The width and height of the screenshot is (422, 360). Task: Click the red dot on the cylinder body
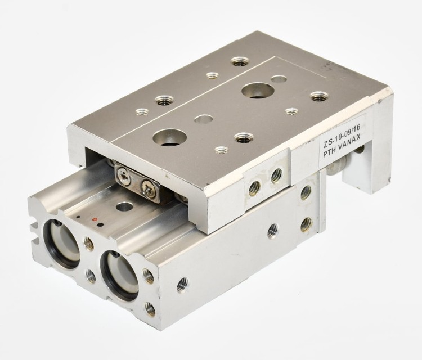(x=94, y=219)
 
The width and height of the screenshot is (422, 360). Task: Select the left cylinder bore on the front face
(x=62, y=243)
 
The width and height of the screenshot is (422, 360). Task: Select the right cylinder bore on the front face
(x=120, y=274)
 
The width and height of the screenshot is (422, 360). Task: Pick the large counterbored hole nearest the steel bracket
(x=169, y=137)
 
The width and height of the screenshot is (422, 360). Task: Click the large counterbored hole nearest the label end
(x=257, y=91)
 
